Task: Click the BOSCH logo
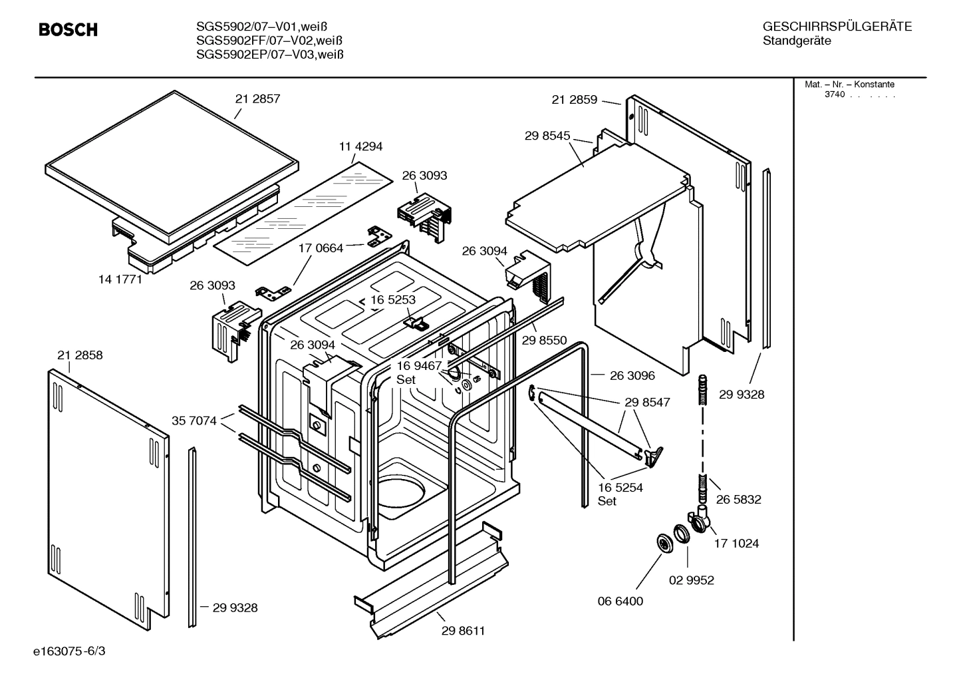click(x=68, y=30)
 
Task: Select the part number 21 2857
click(x=257, y=98)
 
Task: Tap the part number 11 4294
click(x=360, y=146)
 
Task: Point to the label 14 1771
click(x=120, y=279)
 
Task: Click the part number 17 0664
click(x=321, y=248)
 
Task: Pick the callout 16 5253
click(x=393, y=299)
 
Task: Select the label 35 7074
click(x=194, y=421)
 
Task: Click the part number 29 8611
click(x=463, y=631)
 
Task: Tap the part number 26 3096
click(x=632, y=375)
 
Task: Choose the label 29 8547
click(x=647, y=402)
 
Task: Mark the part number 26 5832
click(x=738, y=499)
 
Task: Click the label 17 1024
click(x=736, y=543)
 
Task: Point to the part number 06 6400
click(x=620, y=601)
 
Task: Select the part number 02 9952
click(x=691, y=580)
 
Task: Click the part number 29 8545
click(x=547, y=136)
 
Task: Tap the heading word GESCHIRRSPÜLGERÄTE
click(x=837, y=27)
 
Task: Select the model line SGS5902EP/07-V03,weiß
click(x=269, y=55)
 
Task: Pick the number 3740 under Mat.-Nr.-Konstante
click(x=834, y=94)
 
